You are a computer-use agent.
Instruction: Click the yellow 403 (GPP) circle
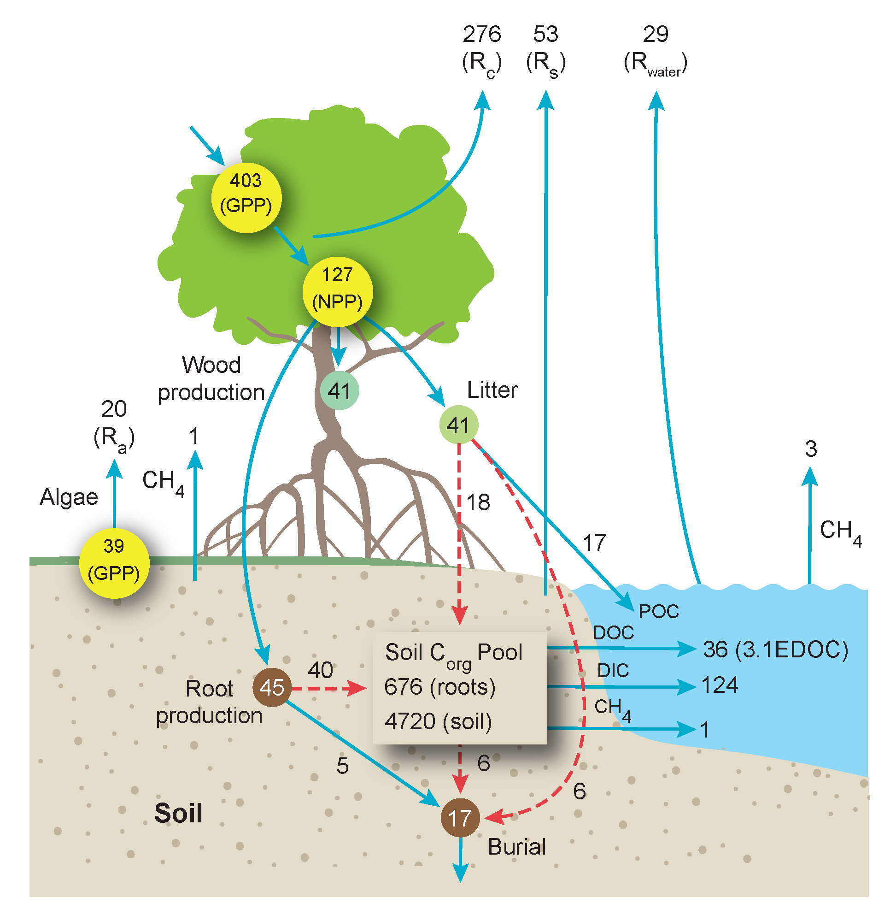tap(246, 198)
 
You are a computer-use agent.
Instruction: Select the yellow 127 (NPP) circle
tap(337, 292)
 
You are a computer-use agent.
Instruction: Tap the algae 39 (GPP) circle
tap(114, 563)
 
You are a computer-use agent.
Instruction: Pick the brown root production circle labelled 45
tap(271, 687)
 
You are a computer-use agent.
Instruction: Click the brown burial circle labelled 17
tap(460, 818)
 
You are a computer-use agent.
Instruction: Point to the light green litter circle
tap(458, 425)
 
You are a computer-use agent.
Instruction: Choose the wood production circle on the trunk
tap(340, 390)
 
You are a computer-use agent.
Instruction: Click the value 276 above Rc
tap(481, 35)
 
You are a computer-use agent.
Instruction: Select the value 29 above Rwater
tap(655, 35)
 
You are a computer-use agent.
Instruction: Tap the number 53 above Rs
tap(545, 35)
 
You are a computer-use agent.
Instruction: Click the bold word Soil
tap(178, 813)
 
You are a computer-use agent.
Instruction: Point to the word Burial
tap(517, 847)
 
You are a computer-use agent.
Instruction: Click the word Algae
tap(69, 497)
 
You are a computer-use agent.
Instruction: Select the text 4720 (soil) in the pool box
tap(438, 721)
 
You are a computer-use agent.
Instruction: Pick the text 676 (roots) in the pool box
tap(439, 686)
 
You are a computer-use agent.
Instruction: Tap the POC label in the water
tap(658, 611)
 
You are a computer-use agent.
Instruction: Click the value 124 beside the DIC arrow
tap(719, 685)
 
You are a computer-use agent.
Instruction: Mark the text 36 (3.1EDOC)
tap(775, 649)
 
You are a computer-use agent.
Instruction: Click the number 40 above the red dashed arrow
tap(320, 670)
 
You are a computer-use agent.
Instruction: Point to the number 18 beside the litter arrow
tap(478, 502)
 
